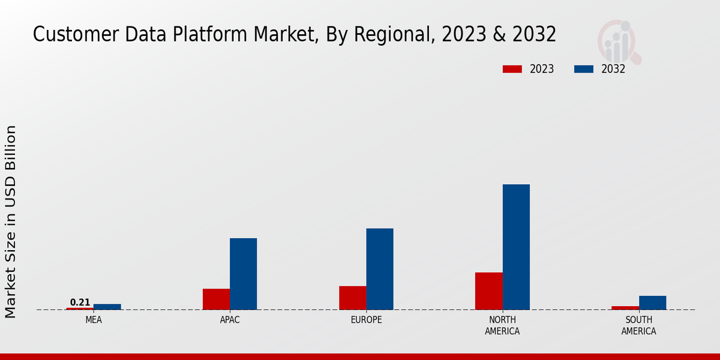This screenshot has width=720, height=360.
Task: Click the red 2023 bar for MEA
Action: pyautogui.click(x=80, y=308)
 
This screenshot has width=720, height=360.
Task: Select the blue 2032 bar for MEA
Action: pyautogui.click(x=107, y=307)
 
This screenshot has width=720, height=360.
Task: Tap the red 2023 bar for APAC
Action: pyautogui.click(x=216, y=299)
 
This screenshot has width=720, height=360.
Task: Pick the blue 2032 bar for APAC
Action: pyautogui.click(x=243, y=274)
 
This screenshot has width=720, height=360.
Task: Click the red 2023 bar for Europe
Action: pyautogui.click(x=352, y=298)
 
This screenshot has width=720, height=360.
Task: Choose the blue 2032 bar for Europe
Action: pyautogui.click(x=380, y=269)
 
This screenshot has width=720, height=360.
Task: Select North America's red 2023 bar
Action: pyautogui.click(x=488, y=291)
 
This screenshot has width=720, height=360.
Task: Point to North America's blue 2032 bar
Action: pyautogui.click(x=516, y=247)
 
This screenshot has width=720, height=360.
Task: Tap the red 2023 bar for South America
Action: pyautogui.click(x=625, y=308)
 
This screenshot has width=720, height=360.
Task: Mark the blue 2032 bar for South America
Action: pyautogui.click(x=652, y=302)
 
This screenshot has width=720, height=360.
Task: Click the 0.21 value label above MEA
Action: pyautogui.click(x=80, y=302)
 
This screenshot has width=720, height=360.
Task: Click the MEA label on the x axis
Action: pyautogui.click(x=94, y=320)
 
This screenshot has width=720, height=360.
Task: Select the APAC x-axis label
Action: pyautogui.click(x=230, y=320)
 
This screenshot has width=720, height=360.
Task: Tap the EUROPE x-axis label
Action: pyautogui.click(x=366, y=320)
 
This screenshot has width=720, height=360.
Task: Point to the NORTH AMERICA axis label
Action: pyautogui.click(x=502, y=325)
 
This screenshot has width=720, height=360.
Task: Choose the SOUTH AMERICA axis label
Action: pyautogui.click(x=638, y=325)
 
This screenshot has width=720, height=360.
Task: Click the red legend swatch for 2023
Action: pyautogui.click(x=512, y=69)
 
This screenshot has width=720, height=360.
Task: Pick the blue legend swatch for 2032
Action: pyautogui.click(x=583, y=69)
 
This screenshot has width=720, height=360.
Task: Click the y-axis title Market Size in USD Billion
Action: pyautogui.click(x=11, y=221)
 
